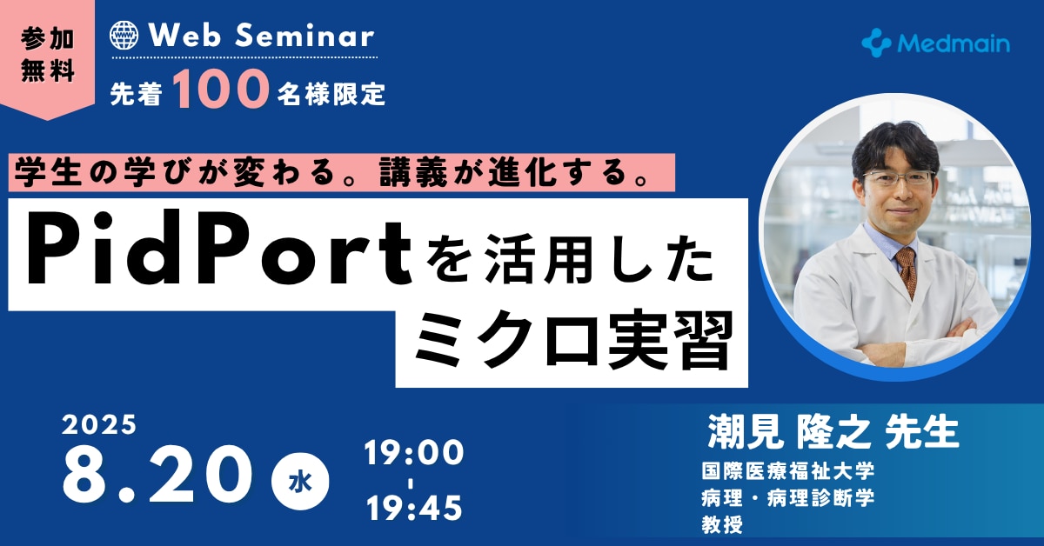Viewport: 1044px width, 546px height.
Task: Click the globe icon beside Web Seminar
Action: pyautogui.click(x=124, y=36)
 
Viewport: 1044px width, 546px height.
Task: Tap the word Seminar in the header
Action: pyautogui.click(x=304, y=36)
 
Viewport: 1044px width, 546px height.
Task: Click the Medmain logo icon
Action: pyautogui.click(x=876, y=43)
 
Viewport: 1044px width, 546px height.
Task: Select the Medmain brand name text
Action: pyautogui.click(x=954, y=44)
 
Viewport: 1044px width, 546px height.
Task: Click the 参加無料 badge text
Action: pyautogui.click(x=48, y=55)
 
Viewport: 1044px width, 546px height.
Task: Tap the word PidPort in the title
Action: pyautogui.click(x=219, y=248)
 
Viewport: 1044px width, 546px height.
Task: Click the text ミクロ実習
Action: pyautogui.click(x=573, y=341)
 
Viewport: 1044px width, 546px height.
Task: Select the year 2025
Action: pyautogui.click(x=99, y=424)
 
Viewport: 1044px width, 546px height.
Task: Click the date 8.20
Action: pyautogui.click(x=157, y=474)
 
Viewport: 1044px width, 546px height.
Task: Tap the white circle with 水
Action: pyautogui.click(x=300, y=482)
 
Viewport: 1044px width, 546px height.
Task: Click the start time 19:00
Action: pyautogui.click(x=414, y=452)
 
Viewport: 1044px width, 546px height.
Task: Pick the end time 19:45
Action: pyautogui.click(x=414, y=508)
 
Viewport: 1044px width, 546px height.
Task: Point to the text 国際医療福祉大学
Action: pyautogui.click(x=787, y=471)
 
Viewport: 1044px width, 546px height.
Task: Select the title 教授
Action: pyautogui.click(x=722, y=524)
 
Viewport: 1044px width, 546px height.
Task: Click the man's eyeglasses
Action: pyautogui.click(x=899, y=178)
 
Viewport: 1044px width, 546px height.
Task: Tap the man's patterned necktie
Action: pyautogui.click(x=907, y=271)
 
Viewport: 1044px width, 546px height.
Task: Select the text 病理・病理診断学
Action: pyautogui.click(x=787, y=498)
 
